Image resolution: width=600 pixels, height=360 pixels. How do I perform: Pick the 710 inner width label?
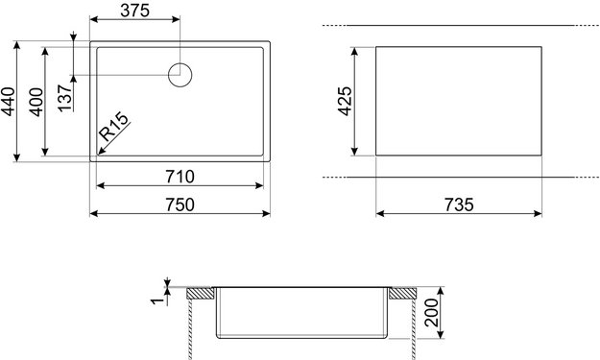[180, 176]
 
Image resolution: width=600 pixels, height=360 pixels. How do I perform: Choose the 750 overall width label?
[180, 204]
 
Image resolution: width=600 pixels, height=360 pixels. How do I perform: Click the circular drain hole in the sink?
[180, 75]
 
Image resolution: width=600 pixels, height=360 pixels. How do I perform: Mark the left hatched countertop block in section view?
[200, 292]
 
